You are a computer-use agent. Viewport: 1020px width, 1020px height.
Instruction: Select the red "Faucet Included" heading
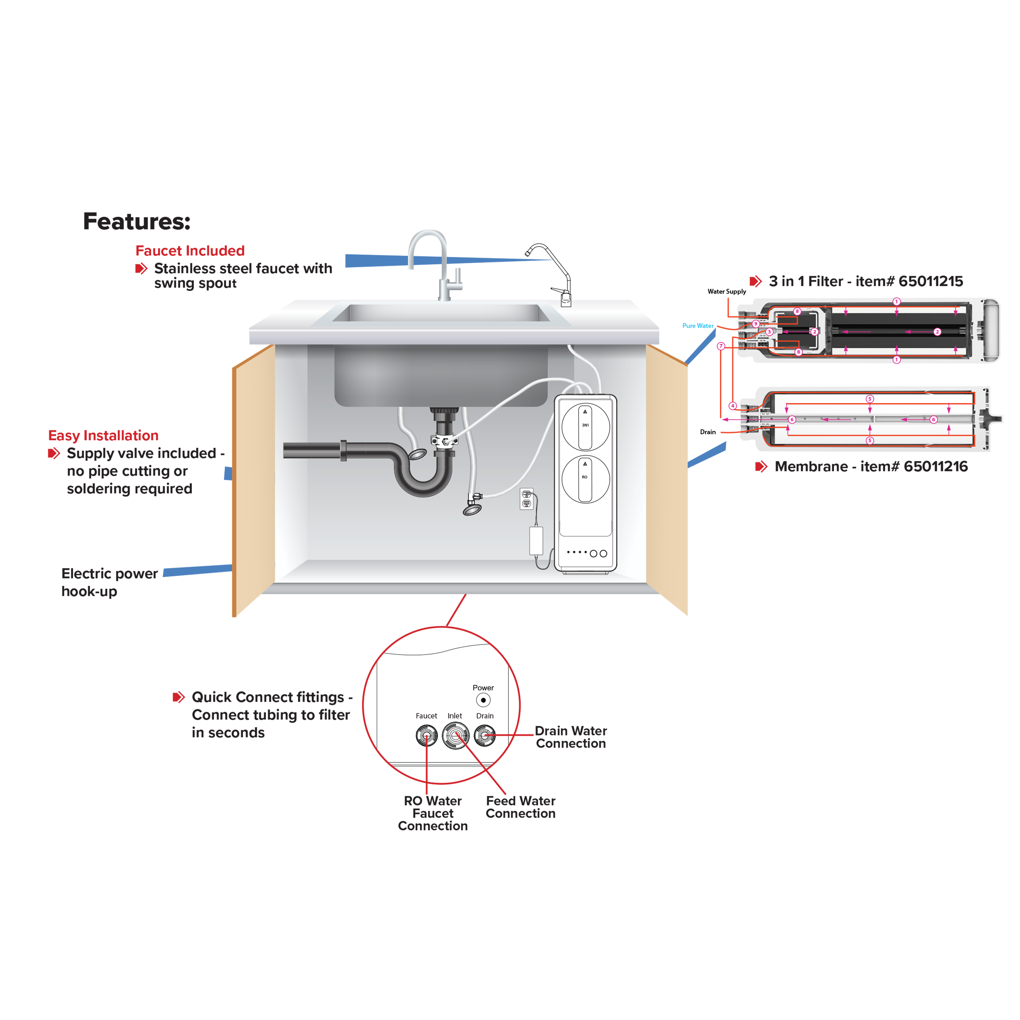pyautogui.click(x=189, y=251)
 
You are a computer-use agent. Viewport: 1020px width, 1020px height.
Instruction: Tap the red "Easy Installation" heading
pyautogui.click(x=104, y=436)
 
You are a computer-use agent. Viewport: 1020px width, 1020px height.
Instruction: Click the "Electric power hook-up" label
pyautogui.click(x=109, y=582)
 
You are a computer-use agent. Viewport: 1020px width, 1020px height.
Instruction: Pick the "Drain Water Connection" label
pyautogui.click(x=571, y=737)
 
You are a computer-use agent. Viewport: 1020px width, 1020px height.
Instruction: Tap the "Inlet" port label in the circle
pyautogui.click(x=455, y=716)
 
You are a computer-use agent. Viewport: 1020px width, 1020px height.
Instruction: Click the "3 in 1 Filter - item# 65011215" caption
pyautogui.click(x=866, y=282)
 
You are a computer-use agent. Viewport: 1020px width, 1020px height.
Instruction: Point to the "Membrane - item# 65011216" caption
pyautogui.click(x=871, y=467)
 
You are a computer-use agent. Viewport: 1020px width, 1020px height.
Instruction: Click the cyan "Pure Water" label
pyautogui.click(x=698, y=326)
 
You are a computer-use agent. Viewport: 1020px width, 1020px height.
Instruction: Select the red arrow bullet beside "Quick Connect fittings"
pyautogui.click(x=179, y=697)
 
